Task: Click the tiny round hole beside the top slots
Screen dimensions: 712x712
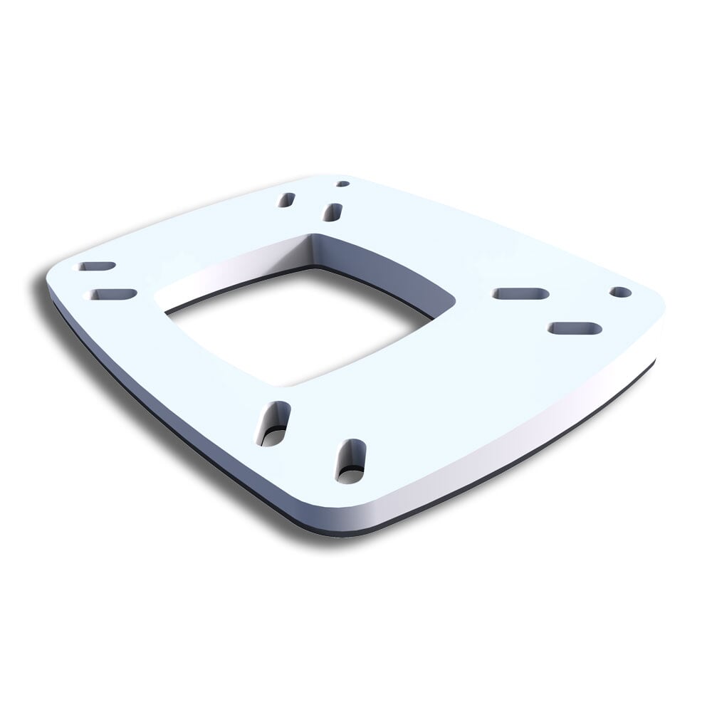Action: (x=342, y=184)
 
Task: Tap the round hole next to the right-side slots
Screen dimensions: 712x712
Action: (x=619, y=292)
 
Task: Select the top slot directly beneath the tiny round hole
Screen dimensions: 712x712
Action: (x=332, y=211)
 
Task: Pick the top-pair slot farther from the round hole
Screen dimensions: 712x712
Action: (x=287, y=200)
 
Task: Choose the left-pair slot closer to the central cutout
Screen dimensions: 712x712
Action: (x=110, y=293)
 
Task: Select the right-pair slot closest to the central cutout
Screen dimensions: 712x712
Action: (x=520, y=293)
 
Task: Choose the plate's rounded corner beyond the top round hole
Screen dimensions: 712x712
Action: (x=335, y=176)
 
